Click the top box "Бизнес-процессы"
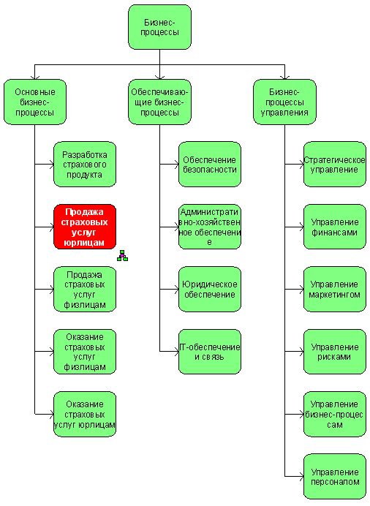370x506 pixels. (159, 27)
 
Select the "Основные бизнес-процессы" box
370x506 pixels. (35, 102)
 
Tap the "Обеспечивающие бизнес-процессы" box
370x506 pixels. (159, 102)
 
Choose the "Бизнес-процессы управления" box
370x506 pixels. (284, 102)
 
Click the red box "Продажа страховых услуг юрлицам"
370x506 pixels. (85, 227)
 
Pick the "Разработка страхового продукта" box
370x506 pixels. (85, 165)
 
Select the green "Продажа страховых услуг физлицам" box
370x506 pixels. (85, 289)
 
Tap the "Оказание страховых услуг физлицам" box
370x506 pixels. (85, 352)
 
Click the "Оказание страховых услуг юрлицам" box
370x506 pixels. (85, 415)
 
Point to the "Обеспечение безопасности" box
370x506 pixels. (210, 165)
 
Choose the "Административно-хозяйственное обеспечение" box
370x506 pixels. (210, 227)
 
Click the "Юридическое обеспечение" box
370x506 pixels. (210, 289)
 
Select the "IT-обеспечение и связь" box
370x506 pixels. (210, 352)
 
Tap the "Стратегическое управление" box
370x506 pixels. (335, 165)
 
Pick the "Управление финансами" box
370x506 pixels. (335, 227)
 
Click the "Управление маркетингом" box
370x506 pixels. (335, 289)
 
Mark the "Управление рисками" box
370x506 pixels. (335, 352)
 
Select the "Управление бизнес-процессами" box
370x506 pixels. (335, 415)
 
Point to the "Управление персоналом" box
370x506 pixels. (335, 477)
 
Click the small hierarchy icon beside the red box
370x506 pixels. (122, 255)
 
